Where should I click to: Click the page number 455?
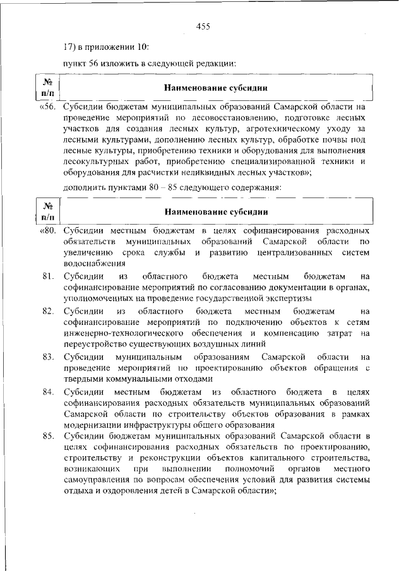click(x=203, y=26)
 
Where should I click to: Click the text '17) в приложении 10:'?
click(x=107, y=47)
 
